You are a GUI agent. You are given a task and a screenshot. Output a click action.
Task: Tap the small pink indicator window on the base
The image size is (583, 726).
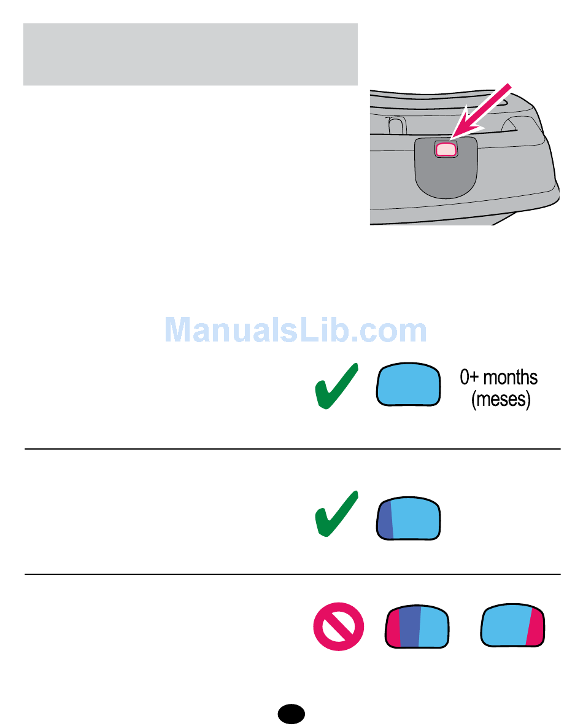446,148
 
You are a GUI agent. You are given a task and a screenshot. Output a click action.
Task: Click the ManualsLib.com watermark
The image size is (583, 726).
296,331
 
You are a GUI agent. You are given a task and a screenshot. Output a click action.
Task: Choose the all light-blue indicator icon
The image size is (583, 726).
409,384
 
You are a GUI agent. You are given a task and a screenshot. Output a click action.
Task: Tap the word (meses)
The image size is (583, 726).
500,400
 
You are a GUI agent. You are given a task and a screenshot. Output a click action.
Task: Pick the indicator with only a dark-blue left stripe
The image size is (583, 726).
409,518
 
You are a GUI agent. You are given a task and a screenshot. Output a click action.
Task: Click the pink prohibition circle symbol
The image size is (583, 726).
339,626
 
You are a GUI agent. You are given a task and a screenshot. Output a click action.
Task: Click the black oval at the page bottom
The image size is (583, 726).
291,713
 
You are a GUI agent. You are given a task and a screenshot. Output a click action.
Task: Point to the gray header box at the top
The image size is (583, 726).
190,55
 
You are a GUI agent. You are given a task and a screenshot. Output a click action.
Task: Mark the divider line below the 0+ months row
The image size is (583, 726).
292,449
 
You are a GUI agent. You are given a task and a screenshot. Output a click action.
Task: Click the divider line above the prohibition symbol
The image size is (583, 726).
292,574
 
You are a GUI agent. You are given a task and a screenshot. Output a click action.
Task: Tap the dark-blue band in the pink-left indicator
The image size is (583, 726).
410,626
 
